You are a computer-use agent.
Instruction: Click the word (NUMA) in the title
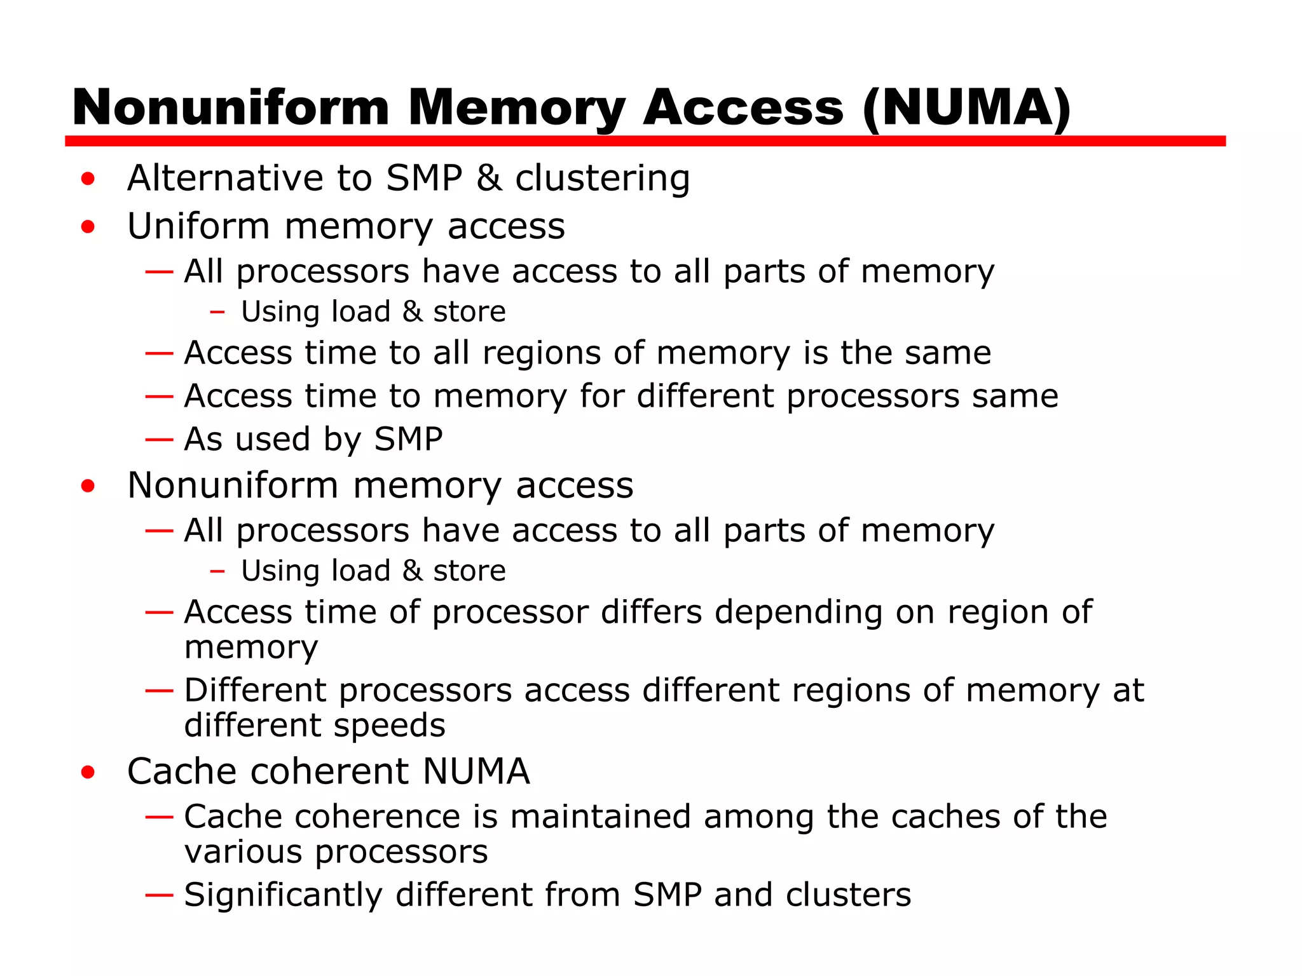pos(966,108)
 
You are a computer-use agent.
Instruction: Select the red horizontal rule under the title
pos(645,141)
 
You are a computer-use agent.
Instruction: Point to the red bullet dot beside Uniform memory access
pos(88,227)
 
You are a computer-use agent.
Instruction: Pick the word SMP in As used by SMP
pos(408,439)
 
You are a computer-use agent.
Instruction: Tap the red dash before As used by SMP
pos(159,439)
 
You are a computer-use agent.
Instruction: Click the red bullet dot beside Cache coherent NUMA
pos(88,773)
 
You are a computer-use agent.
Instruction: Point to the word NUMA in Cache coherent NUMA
pos(476,771)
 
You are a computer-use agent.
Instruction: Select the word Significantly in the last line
pos(283,895)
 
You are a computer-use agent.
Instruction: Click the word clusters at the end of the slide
pos(848,895)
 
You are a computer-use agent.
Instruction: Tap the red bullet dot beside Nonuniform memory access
pos(88,487)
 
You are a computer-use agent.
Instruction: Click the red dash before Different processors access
pos(159,691)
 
